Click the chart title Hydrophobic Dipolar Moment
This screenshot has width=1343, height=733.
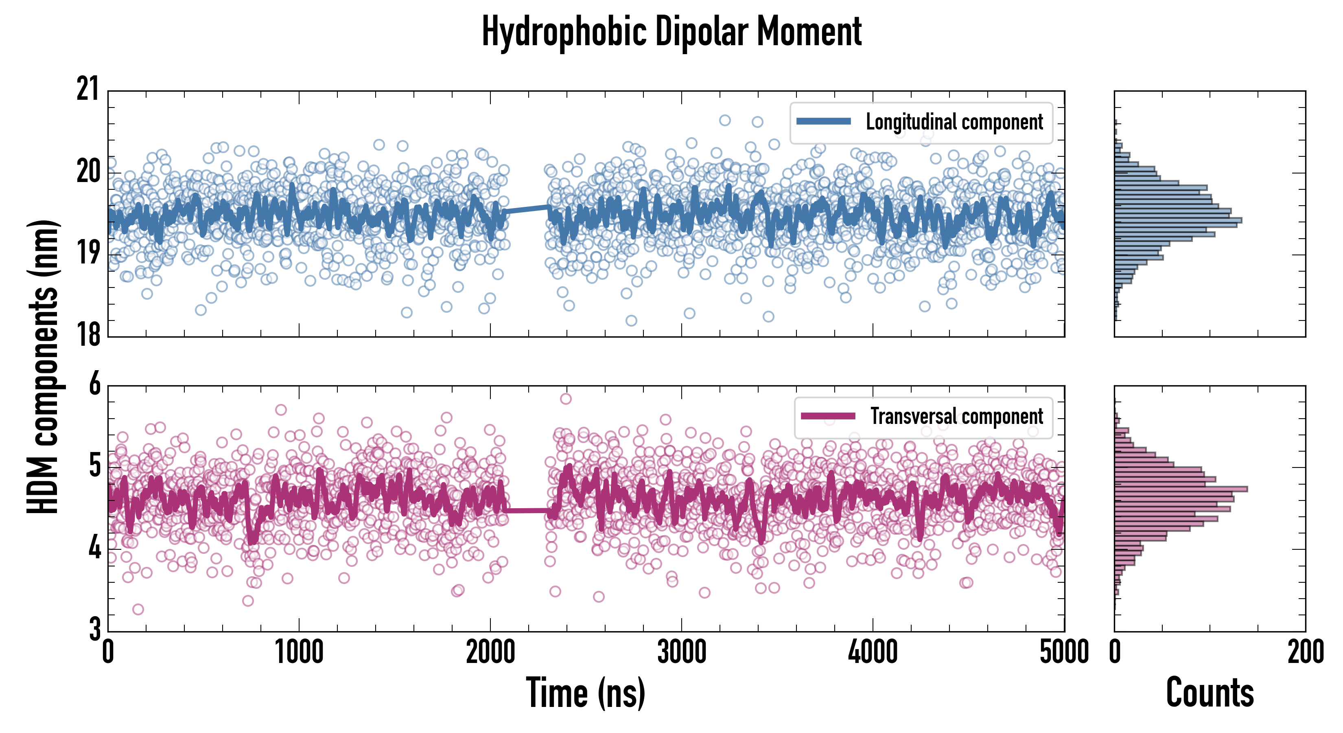(671, 32)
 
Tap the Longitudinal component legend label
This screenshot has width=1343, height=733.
(954, 122)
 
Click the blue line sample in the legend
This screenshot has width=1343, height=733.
(823, 122)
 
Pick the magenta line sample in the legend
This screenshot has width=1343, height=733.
(828, 416)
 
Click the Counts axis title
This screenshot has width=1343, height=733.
(1210, 692)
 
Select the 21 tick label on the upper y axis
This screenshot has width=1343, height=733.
(87, 89)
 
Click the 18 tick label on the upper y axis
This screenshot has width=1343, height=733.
(87, 334)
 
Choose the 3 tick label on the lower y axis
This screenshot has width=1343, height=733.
(94, 629)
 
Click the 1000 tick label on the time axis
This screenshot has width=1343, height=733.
(299, 652)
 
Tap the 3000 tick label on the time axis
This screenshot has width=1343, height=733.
(681, 652)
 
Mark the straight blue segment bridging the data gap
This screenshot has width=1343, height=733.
(527, 209)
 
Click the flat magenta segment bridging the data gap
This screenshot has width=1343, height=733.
(527, 510)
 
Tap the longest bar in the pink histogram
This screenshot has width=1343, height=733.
(1181, 489)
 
